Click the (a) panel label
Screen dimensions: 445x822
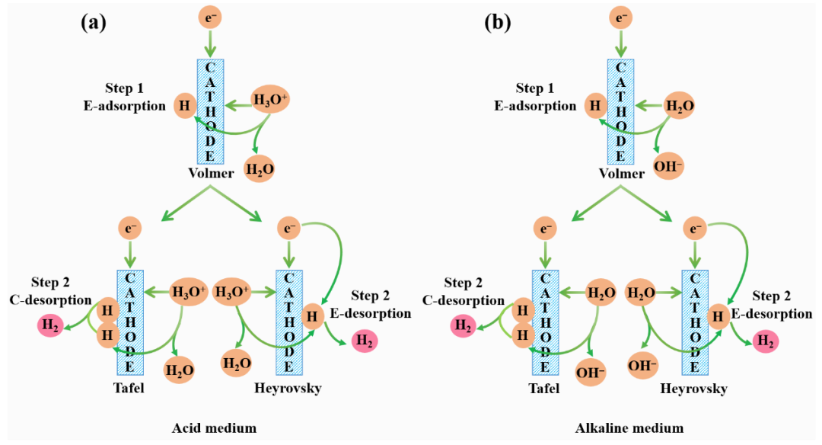point(93,23)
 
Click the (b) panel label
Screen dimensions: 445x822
point(498,23)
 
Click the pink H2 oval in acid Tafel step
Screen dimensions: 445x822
point(51,326)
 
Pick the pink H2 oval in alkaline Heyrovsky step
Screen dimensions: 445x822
point(766,342)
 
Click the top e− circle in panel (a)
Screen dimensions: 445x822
point(211,18)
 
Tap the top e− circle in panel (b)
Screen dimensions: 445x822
point(622,18)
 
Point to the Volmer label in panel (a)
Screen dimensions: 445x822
point(211,174)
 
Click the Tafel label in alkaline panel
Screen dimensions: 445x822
point(543,389)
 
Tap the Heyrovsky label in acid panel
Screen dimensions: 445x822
point(288,389)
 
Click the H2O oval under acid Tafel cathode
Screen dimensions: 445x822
point(180,370)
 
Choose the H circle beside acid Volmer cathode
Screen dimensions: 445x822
point(183,105)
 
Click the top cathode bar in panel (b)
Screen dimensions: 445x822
point(621,111)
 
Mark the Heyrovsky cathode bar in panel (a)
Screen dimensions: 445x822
point(288,322)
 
